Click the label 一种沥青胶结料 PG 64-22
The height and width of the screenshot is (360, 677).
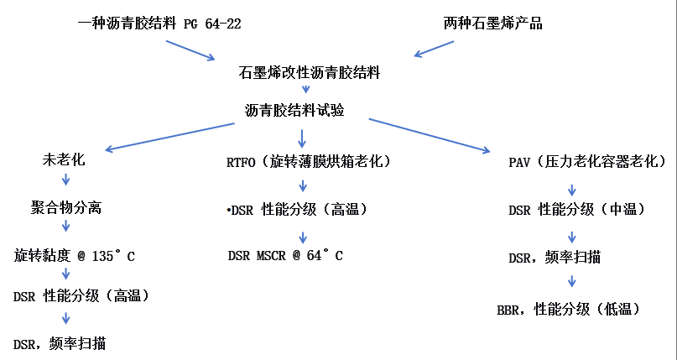(x=159, y=23)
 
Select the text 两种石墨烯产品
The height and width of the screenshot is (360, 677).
(x=492, y=23)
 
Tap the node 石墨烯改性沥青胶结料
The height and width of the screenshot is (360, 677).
(x=310, y=73)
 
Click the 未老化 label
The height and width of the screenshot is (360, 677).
(x=64, y=159)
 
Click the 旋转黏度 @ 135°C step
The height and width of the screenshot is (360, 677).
(x=74, y=256)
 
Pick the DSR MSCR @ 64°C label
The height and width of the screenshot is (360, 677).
(x=284, y=256)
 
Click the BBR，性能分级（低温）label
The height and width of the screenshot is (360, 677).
(x=569, y=309)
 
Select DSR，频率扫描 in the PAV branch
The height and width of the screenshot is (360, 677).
(x=555, y=258)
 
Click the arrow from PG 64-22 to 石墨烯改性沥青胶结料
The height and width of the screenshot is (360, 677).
(x=190, y=49)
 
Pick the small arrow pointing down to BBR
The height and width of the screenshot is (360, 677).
(x=574, y=283)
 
